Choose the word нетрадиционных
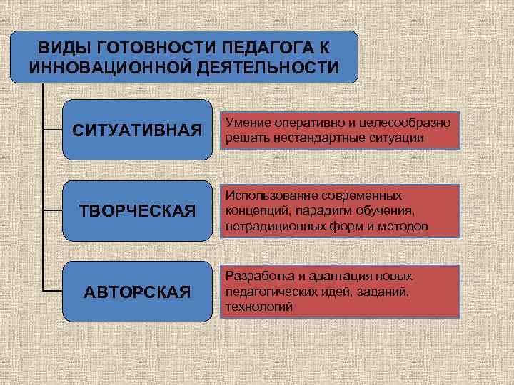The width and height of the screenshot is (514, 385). pyautogui.click(x=272, y=226)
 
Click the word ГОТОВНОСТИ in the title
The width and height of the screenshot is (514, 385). pyautogui.click(x=149, y=48)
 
